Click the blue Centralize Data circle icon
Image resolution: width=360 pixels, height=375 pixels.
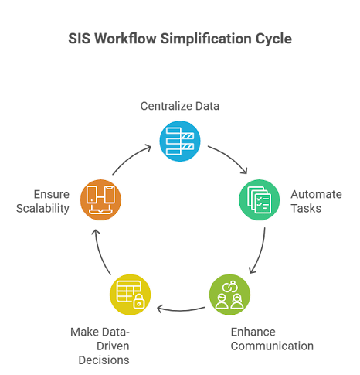pos(179,139)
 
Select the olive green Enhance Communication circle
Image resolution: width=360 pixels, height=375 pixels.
pos(229,293)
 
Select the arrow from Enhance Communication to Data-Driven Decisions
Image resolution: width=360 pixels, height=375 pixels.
pos(179,309)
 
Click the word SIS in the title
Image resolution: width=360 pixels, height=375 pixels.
pos(80,39)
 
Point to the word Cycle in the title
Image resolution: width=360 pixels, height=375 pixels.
pos(273,39)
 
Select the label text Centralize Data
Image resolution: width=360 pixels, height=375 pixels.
pos(180,106)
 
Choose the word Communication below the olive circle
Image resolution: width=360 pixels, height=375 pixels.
pos(271,346)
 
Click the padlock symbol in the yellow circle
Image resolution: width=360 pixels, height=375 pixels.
pos(138,302)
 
